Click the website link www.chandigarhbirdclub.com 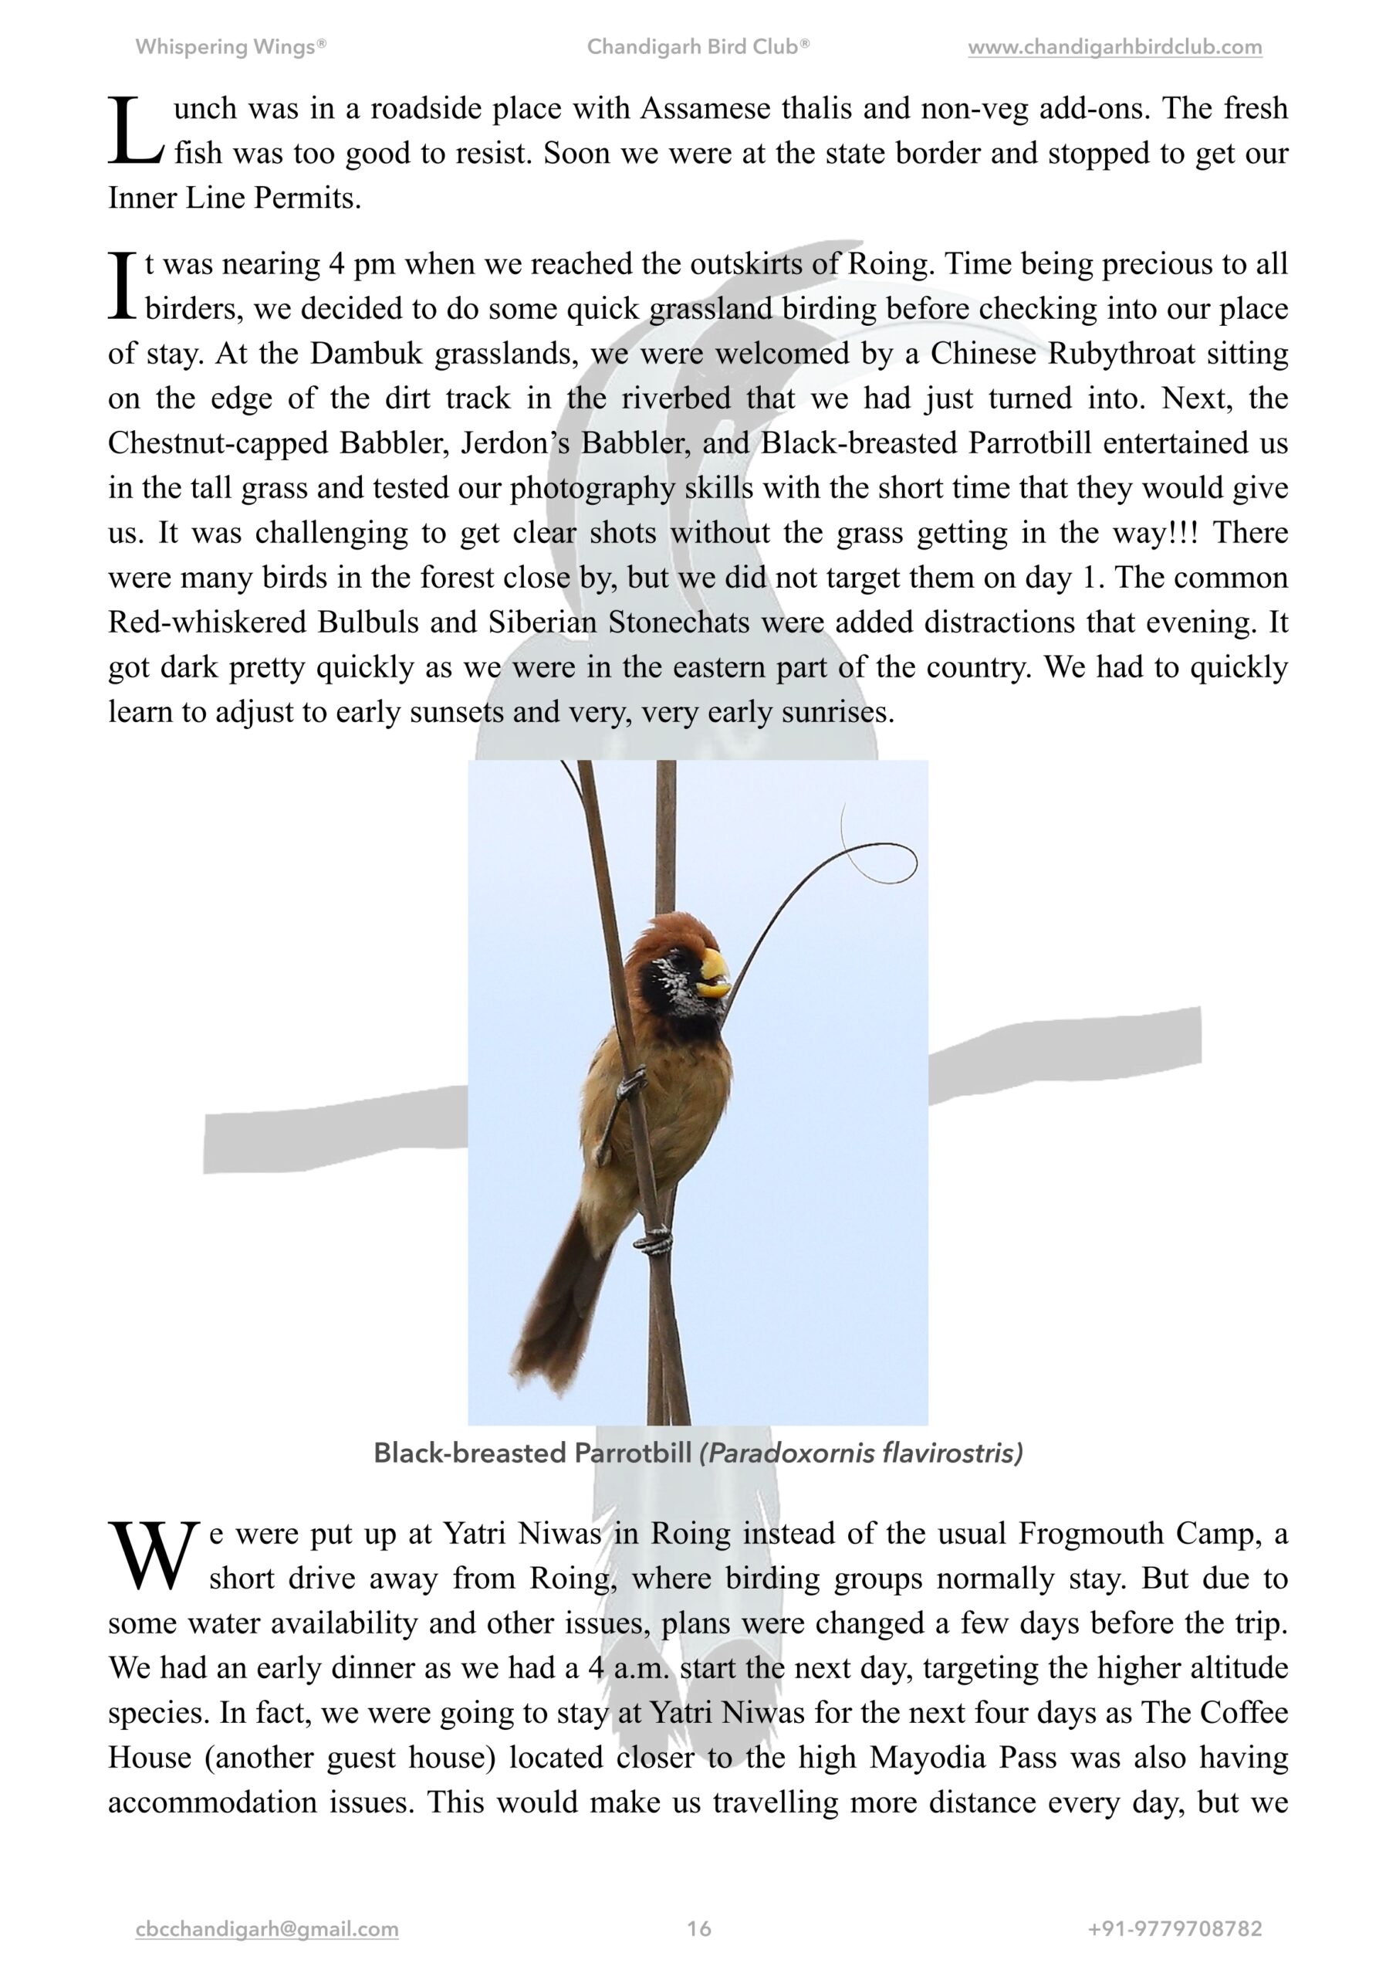pos(1114,47)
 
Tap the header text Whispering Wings pos(230,47)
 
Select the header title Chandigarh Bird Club pos(697,47)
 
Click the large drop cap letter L pos(135,131)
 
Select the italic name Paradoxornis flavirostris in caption pos(860,1453)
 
